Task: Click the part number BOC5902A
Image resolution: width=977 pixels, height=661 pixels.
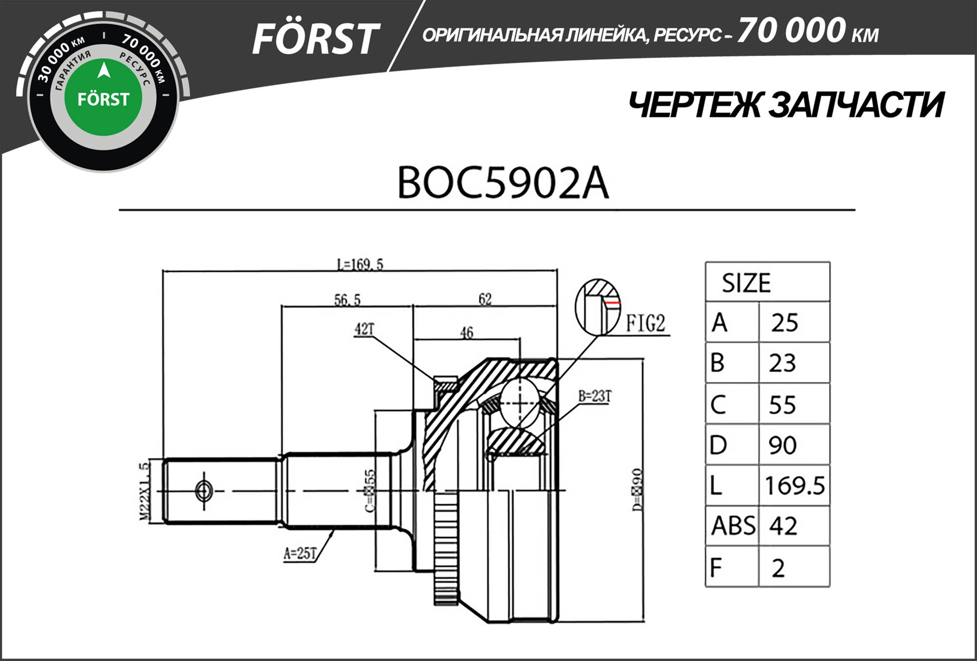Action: (x=503, y=183)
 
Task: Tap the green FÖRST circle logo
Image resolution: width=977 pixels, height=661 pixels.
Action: (x=103, y=98)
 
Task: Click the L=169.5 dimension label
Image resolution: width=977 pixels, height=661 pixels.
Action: (x=360, y=265)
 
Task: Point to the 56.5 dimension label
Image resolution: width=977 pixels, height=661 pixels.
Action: (x=347, y=299)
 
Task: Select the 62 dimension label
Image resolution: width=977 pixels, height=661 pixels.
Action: (x=485, y=299)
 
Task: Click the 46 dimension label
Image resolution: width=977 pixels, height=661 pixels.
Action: (x=467, y=332)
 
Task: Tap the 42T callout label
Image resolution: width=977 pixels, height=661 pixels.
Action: (x=364, y=330)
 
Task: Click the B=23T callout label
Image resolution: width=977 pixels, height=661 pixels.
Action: (x=595, y=396)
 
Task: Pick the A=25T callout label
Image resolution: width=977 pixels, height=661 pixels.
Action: (x=300, y=553)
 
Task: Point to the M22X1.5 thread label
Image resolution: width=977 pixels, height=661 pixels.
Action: (x=144, y=492)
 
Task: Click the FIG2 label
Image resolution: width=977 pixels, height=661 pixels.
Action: (x=646, y=323)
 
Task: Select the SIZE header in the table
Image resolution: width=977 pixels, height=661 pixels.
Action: (x=746, y=283)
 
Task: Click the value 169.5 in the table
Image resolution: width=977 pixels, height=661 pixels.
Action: (x=794, y=486)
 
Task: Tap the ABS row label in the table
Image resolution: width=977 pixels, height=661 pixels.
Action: (x=733, y=526)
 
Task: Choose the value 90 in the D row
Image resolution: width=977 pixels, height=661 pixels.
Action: (x=783, y=445)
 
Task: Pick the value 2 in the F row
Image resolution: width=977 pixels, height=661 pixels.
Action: (x=778, y=568)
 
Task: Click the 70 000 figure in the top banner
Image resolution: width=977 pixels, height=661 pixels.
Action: (x=791, y=30)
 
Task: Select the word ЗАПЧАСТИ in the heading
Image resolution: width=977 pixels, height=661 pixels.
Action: (x=856, y=105)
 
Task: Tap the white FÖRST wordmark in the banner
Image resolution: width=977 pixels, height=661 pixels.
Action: (x=315, y=39)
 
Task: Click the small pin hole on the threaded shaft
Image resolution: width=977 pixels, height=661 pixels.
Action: (x=204, y=491)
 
